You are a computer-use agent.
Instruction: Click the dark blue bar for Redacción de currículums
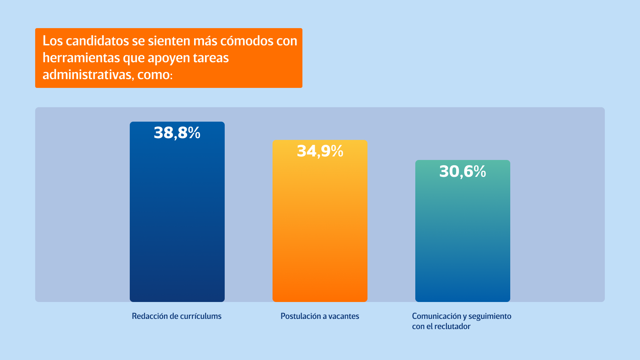point(177,218)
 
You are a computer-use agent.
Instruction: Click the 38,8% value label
point(177,133)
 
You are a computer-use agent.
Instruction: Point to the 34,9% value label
point(320,151)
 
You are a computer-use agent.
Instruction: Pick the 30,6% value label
point(462,172)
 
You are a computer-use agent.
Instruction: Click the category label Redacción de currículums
point(177,316)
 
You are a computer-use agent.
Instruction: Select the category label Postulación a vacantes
point(320,316)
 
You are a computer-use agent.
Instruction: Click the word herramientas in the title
point(81,58)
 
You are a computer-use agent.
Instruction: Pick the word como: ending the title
point(155,75)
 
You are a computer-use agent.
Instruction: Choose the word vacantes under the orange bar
point(344,316)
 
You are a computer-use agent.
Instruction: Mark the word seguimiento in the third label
point(490,316)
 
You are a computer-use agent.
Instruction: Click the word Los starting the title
point(53,41)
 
